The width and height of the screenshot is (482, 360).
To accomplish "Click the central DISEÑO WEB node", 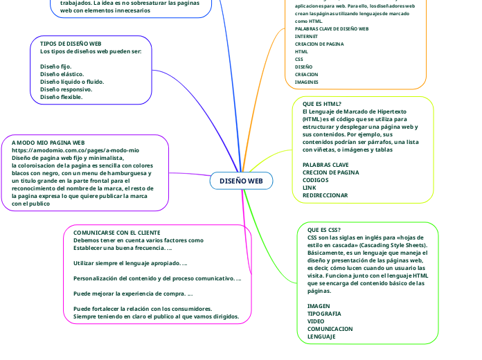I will (x=241, y=181).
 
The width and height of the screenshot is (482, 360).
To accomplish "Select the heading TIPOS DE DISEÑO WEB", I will (x=71, y=44).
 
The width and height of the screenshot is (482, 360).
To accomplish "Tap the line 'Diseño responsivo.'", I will (x=66, y=89).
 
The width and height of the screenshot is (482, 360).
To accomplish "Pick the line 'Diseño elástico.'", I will (x=62, y=74).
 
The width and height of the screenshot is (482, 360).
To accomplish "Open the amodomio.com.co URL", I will (x=75, y=150).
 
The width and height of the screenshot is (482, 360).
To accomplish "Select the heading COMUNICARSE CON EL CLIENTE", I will (x=116, y=233).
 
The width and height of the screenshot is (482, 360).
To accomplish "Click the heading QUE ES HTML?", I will (x=322, y=103).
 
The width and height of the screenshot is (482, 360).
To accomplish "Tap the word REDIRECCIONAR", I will (x=325, y=195).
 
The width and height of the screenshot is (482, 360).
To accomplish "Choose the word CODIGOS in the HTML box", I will (x=316, y=180).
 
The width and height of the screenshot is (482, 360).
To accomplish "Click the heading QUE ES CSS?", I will (x=323, y=230).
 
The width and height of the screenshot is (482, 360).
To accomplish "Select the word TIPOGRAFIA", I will (x=324, y=314).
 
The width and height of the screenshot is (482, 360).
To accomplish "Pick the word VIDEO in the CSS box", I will (x=315, y=321).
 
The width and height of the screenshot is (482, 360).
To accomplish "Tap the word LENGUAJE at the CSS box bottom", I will (x=321, y=336).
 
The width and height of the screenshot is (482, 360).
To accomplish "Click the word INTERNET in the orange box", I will (x=306, y=36).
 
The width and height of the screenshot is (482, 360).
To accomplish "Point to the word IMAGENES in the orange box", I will (x=306, y=82).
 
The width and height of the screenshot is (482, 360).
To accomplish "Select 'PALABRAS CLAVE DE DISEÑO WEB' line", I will (x=332, y=29).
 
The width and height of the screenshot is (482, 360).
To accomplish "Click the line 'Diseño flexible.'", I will (x=62, y=97).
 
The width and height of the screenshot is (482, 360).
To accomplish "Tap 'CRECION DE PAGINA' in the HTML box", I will (x=330, y=172).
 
